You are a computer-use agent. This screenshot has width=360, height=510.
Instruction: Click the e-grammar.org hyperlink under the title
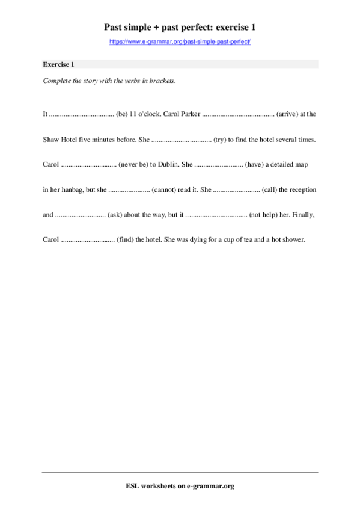[180, 41]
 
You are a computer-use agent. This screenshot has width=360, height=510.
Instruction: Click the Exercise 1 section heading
[59, 64]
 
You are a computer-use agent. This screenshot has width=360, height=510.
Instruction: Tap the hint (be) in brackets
[121, 113]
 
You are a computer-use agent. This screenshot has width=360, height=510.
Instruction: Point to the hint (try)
[219, 139]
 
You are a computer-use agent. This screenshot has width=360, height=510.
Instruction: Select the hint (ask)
[115, 214]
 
